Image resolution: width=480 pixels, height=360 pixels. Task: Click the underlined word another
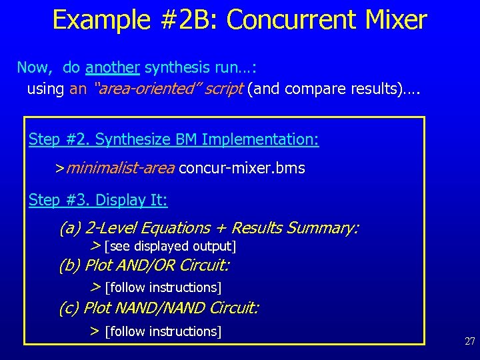point(113,67)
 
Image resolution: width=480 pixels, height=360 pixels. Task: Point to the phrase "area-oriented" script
point(169,89)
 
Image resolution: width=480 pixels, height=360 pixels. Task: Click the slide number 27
point(469,341)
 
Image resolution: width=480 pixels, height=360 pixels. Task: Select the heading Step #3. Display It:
point(98,200)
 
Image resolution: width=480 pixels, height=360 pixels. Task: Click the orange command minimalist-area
point(120,168)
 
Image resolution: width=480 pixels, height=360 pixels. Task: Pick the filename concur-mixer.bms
point(242,168)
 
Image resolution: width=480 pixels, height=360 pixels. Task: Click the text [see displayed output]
point(171,247)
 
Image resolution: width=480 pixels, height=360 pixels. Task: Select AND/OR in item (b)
point(149,266)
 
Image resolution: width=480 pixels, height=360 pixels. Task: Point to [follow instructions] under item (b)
point(163,287)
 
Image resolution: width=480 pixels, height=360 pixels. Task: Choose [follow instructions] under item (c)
point(163,331)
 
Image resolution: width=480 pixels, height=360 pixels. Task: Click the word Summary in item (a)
point(322,228)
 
